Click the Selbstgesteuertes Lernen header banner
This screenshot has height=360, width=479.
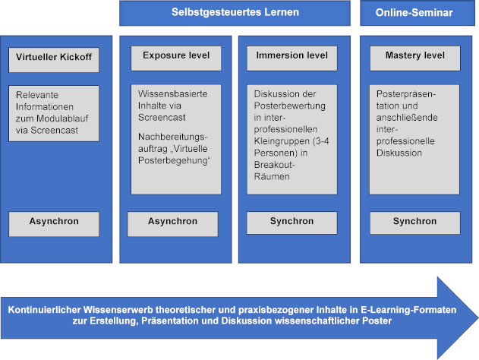pyautogui.click(x=235, y=13)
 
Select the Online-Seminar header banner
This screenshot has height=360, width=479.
pyautogui.click(x=418, y=13)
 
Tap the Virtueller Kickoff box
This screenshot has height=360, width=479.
pyautogui.click(x=54, y=60)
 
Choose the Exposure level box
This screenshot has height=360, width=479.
pyautogui.click(x=176, y=58)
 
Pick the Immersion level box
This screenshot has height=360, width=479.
pyautogui.click(x=292, y=58)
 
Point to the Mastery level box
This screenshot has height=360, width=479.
pyautogui.click(x=414, y=58)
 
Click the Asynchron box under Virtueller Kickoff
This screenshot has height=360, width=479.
pyautogui.click(x=54, y=224)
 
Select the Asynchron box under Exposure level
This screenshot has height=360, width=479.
pyautogui.click(x=172, y=224)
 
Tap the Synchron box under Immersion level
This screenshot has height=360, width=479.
pyautogui.click(x=292, y=223)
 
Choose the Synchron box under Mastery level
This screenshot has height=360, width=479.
pyautogui.click(x=414, y=223)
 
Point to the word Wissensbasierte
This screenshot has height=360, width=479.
pyautogui.click(x=172, y=93)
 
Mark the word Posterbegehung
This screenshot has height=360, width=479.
pyautogui.click(x=173, y=160)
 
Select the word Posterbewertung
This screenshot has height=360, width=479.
pyautogui.click(x=289, y=106)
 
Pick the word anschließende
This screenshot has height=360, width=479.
pyautogui.click(x=407, y=118)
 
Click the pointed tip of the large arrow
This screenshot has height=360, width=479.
pyautogui.click(x=477, y=317)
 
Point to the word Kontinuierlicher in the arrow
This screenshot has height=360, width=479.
pyautogui.click(x=44, y=310)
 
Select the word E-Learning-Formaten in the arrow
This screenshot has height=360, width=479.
pyautogui.click(x=408, y=310)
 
